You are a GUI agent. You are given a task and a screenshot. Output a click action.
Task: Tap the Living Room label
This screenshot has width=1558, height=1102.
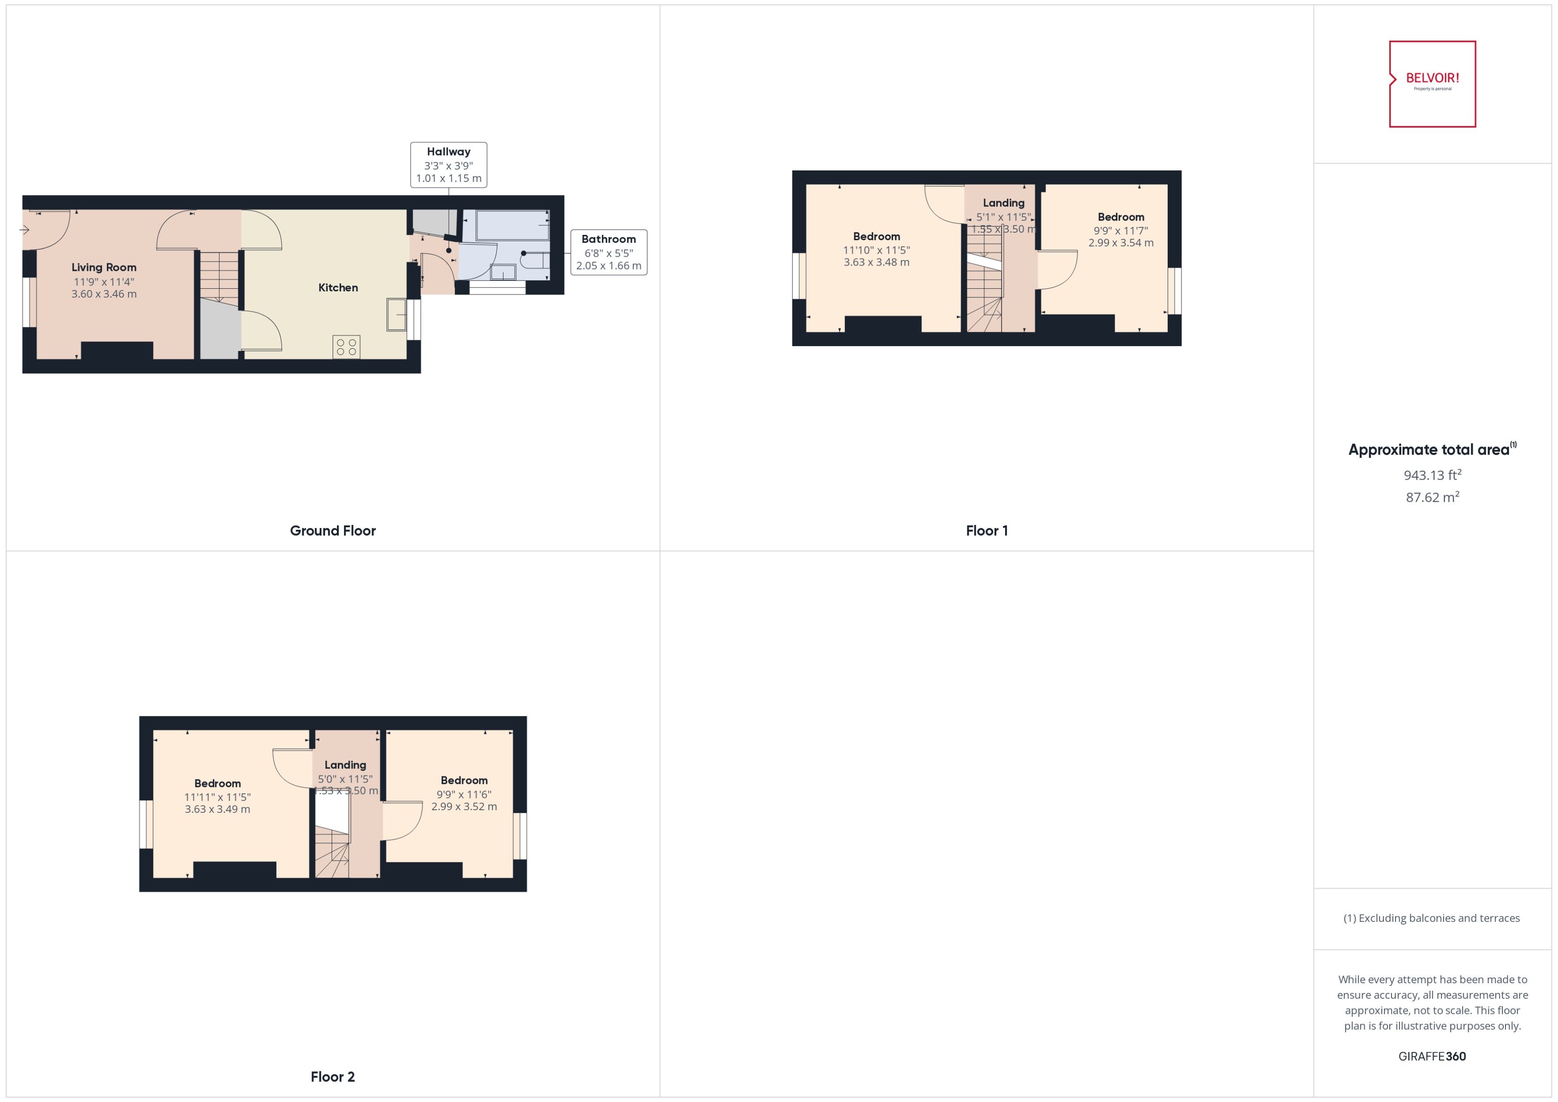104,267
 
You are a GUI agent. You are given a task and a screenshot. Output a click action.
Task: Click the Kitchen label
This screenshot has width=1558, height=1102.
338,288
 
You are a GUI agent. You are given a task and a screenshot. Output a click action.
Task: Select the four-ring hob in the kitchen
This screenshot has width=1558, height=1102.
346,347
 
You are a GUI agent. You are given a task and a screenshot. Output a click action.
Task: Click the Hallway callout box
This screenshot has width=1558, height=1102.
448,165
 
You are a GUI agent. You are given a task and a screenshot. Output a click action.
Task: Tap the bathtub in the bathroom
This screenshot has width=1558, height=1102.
512,225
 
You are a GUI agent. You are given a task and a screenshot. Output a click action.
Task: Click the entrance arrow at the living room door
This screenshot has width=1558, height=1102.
24,230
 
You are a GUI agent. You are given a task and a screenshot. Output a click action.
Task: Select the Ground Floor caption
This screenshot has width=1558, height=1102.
333,531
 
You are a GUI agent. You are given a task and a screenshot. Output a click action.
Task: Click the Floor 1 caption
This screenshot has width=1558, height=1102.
986,531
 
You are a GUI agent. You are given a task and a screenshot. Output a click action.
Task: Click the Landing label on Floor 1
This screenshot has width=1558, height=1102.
1003,203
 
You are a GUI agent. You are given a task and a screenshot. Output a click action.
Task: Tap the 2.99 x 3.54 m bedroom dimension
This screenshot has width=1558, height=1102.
1121,243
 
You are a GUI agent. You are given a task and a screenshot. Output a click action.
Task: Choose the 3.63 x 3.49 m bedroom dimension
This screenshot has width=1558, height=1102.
217,809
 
